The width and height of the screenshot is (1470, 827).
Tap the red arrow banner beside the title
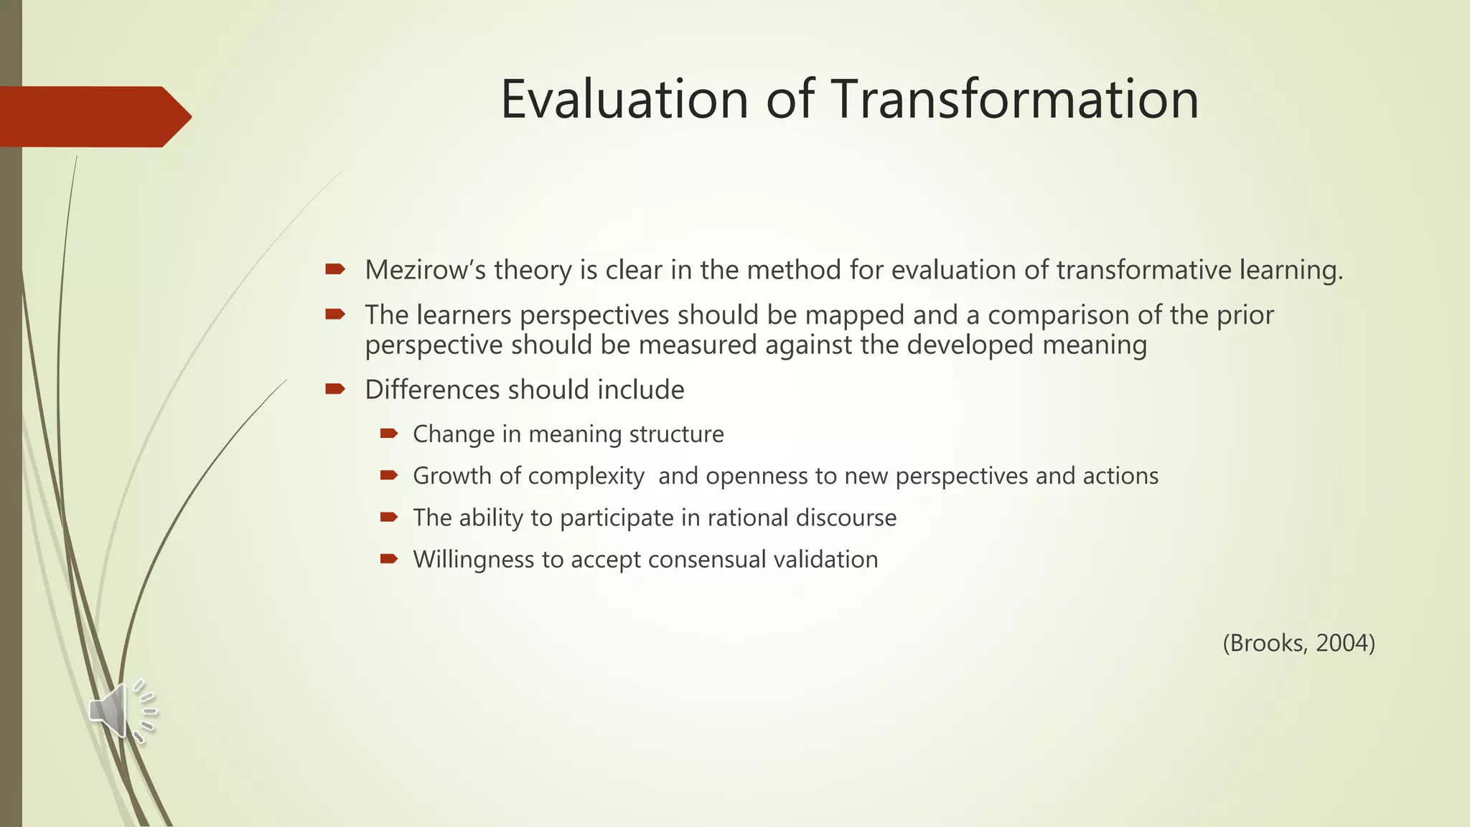pyautogui.click(x=93, y=116)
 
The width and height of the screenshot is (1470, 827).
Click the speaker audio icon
pyautogui.click(x=121, y=710)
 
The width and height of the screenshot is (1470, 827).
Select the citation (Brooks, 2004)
pyautogui.click(x=1298, y=643)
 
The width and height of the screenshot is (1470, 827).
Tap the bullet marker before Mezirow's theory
pyautogui.click(x=334, y=269)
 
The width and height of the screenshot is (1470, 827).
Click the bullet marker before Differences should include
pyautogui.click(x=334, y=389)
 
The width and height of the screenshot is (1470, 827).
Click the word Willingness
pyautogui.click(x=473, y=560)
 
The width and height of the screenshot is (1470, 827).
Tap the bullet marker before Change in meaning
pyautogui.click(x=388, y=433)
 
